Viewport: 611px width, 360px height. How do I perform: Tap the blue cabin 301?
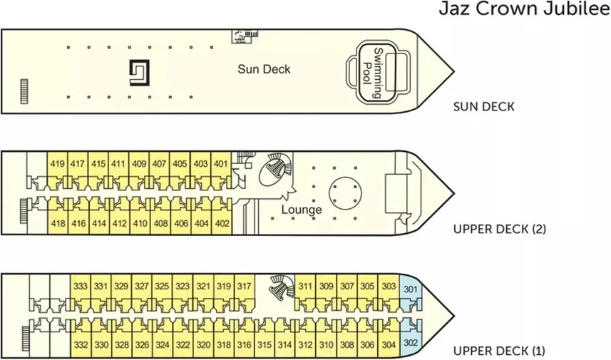tap(411, 289)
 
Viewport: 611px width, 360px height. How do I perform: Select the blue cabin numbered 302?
tap(411, 343)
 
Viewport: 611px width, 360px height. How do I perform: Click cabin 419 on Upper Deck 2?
tap(57, 164)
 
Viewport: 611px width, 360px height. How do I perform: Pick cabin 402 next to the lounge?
tap(222, 224)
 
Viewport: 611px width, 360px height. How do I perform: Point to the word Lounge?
tap(302, 210)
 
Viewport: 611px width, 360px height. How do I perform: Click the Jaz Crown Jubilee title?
tap(525, 9)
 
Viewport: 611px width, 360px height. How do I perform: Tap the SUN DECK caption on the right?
tap(483, 107)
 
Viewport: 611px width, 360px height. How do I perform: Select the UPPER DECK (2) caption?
tap(500, 229)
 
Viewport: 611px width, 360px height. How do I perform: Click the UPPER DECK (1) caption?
tap(499, 351)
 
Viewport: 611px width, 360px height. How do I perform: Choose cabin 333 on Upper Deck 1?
tap(81, 287)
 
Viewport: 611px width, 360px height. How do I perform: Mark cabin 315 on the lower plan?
tap(265, 345)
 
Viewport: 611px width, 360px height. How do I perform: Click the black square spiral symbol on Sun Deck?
tap(139, 73)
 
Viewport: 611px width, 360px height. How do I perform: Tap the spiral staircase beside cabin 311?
tap(282, 287)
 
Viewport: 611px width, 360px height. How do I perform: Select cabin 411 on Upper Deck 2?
tap(118, 164)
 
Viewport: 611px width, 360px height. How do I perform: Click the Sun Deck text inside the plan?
tap(264, 69)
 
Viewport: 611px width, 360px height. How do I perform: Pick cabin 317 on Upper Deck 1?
tap(245, 287)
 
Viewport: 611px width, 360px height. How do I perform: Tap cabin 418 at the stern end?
tap(58, 224)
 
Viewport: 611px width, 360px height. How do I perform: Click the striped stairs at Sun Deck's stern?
tap(24, 91)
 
